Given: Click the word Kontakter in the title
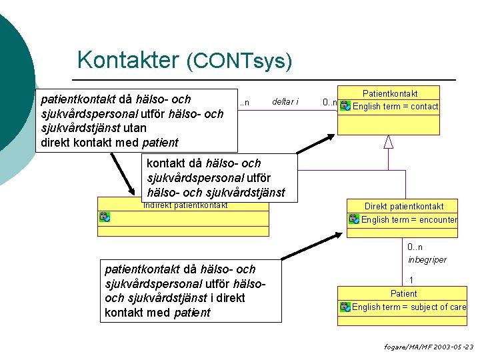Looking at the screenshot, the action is (x=128, y=59).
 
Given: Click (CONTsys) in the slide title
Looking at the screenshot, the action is (x=239, y=61).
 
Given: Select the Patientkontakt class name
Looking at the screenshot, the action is (x=390, y=93).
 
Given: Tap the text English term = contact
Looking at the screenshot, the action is (x=395, y=106).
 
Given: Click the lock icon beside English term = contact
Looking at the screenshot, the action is (x=345, y=105).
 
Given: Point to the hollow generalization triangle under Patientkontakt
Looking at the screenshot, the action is (x=389, y=142).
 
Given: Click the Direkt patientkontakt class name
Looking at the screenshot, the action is (x=404, y=206).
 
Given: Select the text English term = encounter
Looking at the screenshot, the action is (x=409, y=219).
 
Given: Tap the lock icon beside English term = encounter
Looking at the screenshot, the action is (x=354, y=219).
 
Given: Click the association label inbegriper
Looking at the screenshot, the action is (x=427, y=260).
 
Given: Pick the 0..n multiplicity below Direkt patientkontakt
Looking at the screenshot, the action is (x=415, y=247).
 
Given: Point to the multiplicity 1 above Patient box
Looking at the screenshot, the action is (x=411, y=280).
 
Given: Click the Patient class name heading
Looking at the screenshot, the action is (x=403, y=293).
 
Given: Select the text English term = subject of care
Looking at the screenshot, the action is (x=409, y=307).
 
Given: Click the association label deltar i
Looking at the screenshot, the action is (x=285, y=101).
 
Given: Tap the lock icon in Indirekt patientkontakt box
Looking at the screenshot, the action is (x=105, y=217).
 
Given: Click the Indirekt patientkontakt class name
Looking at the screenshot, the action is (x=185, y=205).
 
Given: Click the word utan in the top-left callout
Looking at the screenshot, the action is (x=135, y=128).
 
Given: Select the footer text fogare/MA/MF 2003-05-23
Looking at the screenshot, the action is (x=429, y=347).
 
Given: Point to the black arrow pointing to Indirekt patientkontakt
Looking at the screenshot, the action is (x=123, y=174).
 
